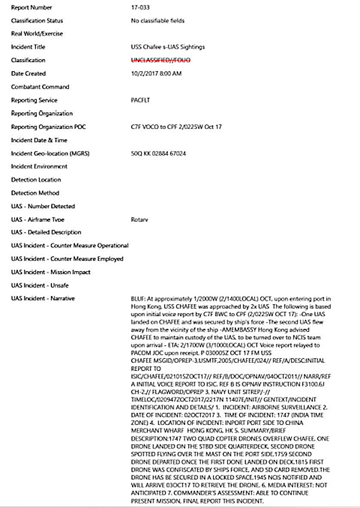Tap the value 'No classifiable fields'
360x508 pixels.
[158, 21]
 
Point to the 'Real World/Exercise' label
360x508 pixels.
[37, 34]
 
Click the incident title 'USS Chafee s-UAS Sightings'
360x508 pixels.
[168, 47]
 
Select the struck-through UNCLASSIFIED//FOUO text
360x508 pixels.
[159, 60]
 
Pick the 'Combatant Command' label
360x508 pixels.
[40, 87]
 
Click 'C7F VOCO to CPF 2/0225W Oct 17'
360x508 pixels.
[176, 126]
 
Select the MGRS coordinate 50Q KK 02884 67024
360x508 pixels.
[158, 153]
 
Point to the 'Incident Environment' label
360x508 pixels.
[39, 166]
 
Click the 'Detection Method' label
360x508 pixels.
[35, 193]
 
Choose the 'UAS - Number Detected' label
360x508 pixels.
[43, 206]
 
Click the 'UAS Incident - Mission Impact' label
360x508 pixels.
[51, 272]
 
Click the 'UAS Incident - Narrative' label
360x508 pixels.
[43, 299]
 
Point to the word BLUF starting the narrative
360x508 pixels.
[138, 298]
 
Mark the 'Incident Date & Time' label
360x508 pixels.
[39, 140]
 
